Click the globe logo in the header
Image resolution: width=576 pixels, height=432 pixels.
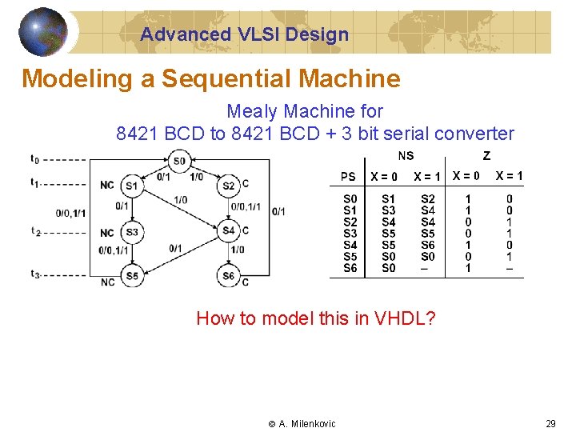coord(43,32)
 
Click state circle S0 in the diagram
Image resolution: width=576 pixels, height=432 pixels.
coord(178,161)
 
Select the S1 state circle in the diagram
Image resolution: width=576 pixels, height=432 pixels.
coord(132,186)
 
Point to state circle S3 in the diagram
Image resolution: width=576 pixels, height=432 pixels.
coord(132,232)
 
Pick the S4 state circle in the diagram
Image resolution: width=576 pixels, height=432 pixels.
coord(228,232)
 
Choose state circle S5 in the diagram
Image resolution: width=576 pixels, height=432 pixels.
coord(132,277)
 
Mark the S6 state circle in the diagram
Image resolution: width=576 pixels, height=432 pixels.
coord(228,277)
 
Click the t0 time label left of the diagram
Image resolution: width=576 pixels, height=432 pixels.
coord(34,159)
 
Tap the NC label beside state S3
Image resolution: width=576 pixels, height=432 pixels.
coord(107,233)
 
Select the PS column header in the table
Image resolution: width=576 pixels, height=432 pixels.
coord(349,176)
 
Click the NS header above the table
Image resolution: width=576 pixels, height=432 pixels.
coord(406,155)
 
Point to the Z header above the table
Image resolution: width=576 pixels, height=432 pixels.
coord(486,155)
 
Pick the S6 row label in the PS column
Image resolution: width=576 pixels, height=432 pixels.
coord(350,268)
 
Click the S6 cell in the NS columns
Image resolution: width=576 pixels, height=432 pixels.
coord(428,245)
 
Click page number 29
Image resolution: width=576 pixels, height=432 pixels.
coord(550,423)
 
